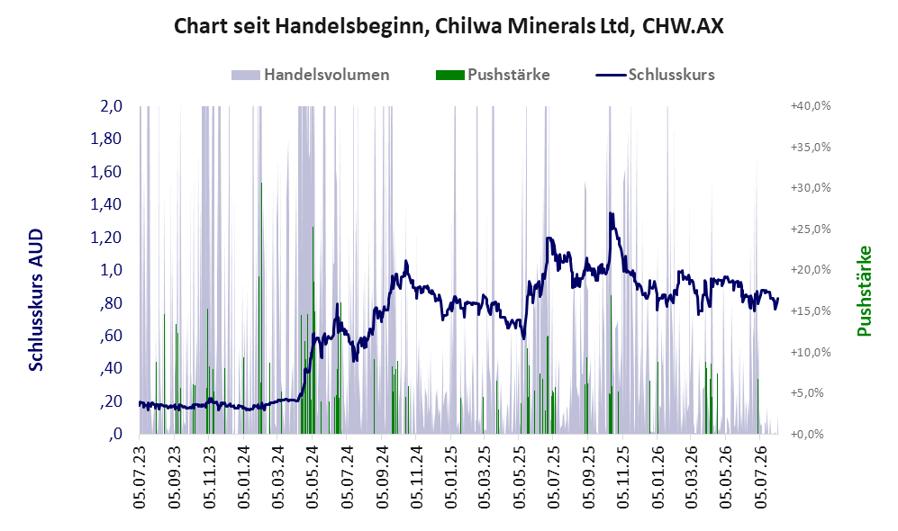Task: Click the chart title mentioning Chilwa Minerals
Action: (449, 26)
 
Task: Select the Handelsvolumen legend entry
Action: (311, 75)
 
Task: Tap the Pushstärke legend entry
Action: (493, 75)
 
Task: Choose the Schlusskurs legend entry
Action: (655, 75)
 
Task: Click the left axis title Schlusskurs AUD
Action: (36, 300)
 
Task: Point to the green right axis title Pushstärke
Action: (864, 291)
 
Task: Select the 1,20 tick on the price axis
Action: (106, 237)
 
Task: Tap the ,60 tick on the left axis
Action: (111, 336)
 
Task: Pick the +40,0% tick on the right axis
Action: (811, 106)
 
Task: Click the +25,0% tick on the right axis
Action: (811, 229)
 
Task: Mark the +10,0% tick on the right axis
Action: (811, 352)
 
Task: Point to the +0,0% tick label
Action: (807, 435)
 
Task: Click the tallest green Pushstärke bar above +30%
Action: (262, 309)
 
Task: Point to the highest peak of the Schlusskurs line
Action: (611, 213)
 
